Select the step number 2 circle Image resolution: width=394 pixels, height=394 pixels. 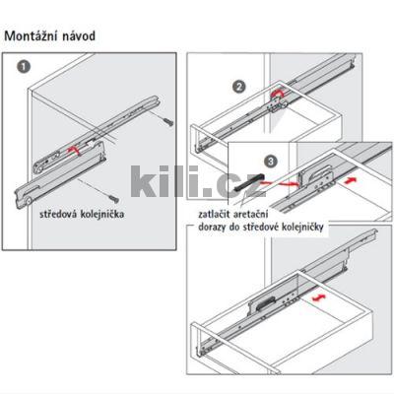(238, 87)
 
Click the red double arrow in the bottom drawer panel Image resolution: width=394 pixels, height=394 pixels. (317, 296)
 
